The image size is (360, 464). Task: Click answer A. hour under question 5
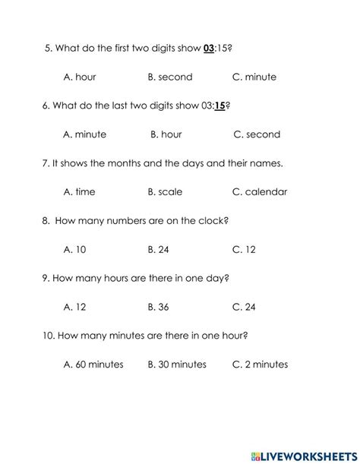click(80, 77)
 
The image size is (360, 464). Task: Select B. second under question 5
click(170, 77)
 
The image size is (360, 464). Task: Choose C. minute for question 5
click(254, 77)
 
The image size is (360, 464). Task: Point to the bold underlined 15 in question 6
click(220, 106)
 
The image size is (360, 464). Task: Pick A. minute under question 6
click(85, 134)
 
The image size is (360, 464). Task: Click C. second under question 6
click(257, 134)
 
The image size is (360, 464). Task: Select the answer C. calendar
click(260, 192)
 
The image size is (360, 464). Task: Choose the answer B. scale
click(165, 192)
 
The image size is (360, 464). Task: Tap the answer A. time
click(80, 192)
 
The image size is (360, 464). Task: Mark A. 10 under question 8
click(75, 249)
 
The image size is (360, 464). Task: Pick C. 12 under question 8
click(244, 249)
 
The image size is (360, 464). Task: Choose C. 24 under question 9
click(244, 307)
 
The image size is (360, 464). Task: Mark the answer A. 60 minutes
click(93, 365)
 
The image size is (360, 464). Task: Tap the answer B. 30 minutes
click(177, 365)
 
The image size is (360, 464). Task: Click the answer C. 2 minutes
click(260, 365)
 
